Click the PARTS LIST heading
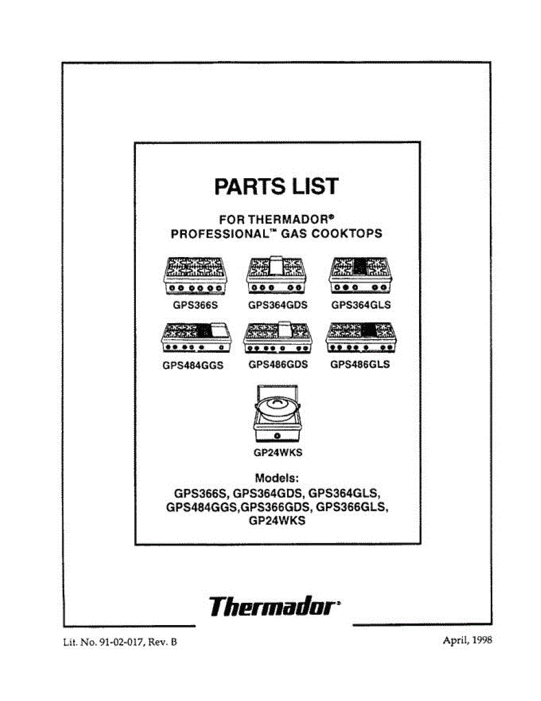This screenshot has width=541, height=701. [x=277, y=186]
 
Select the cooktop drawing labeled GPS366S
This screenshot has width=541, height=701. [x=194, y=277]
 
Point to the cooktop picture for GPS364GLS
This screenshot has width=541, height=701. [x=361, y=277]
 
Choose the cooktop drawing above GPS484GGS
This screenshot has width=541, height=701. [x=194, y=339]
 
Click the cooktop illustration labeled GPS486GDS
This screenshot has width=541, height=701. [x=278, y=339]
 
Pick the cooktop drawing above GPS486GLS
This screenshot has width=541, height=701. [x=361, y=339]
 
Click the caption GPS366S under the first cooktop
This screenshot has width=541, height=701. [x=194, y=305]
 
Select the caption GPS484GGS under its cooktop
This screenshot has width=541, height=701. [x=194, y=366]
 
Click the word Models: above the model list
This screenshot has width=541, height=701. [x=277, y=478]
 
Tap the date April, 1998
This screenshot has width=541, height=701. [x=467, y=640]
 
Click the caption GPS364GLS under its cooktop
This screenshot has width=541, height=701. [x=361, y=305]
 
